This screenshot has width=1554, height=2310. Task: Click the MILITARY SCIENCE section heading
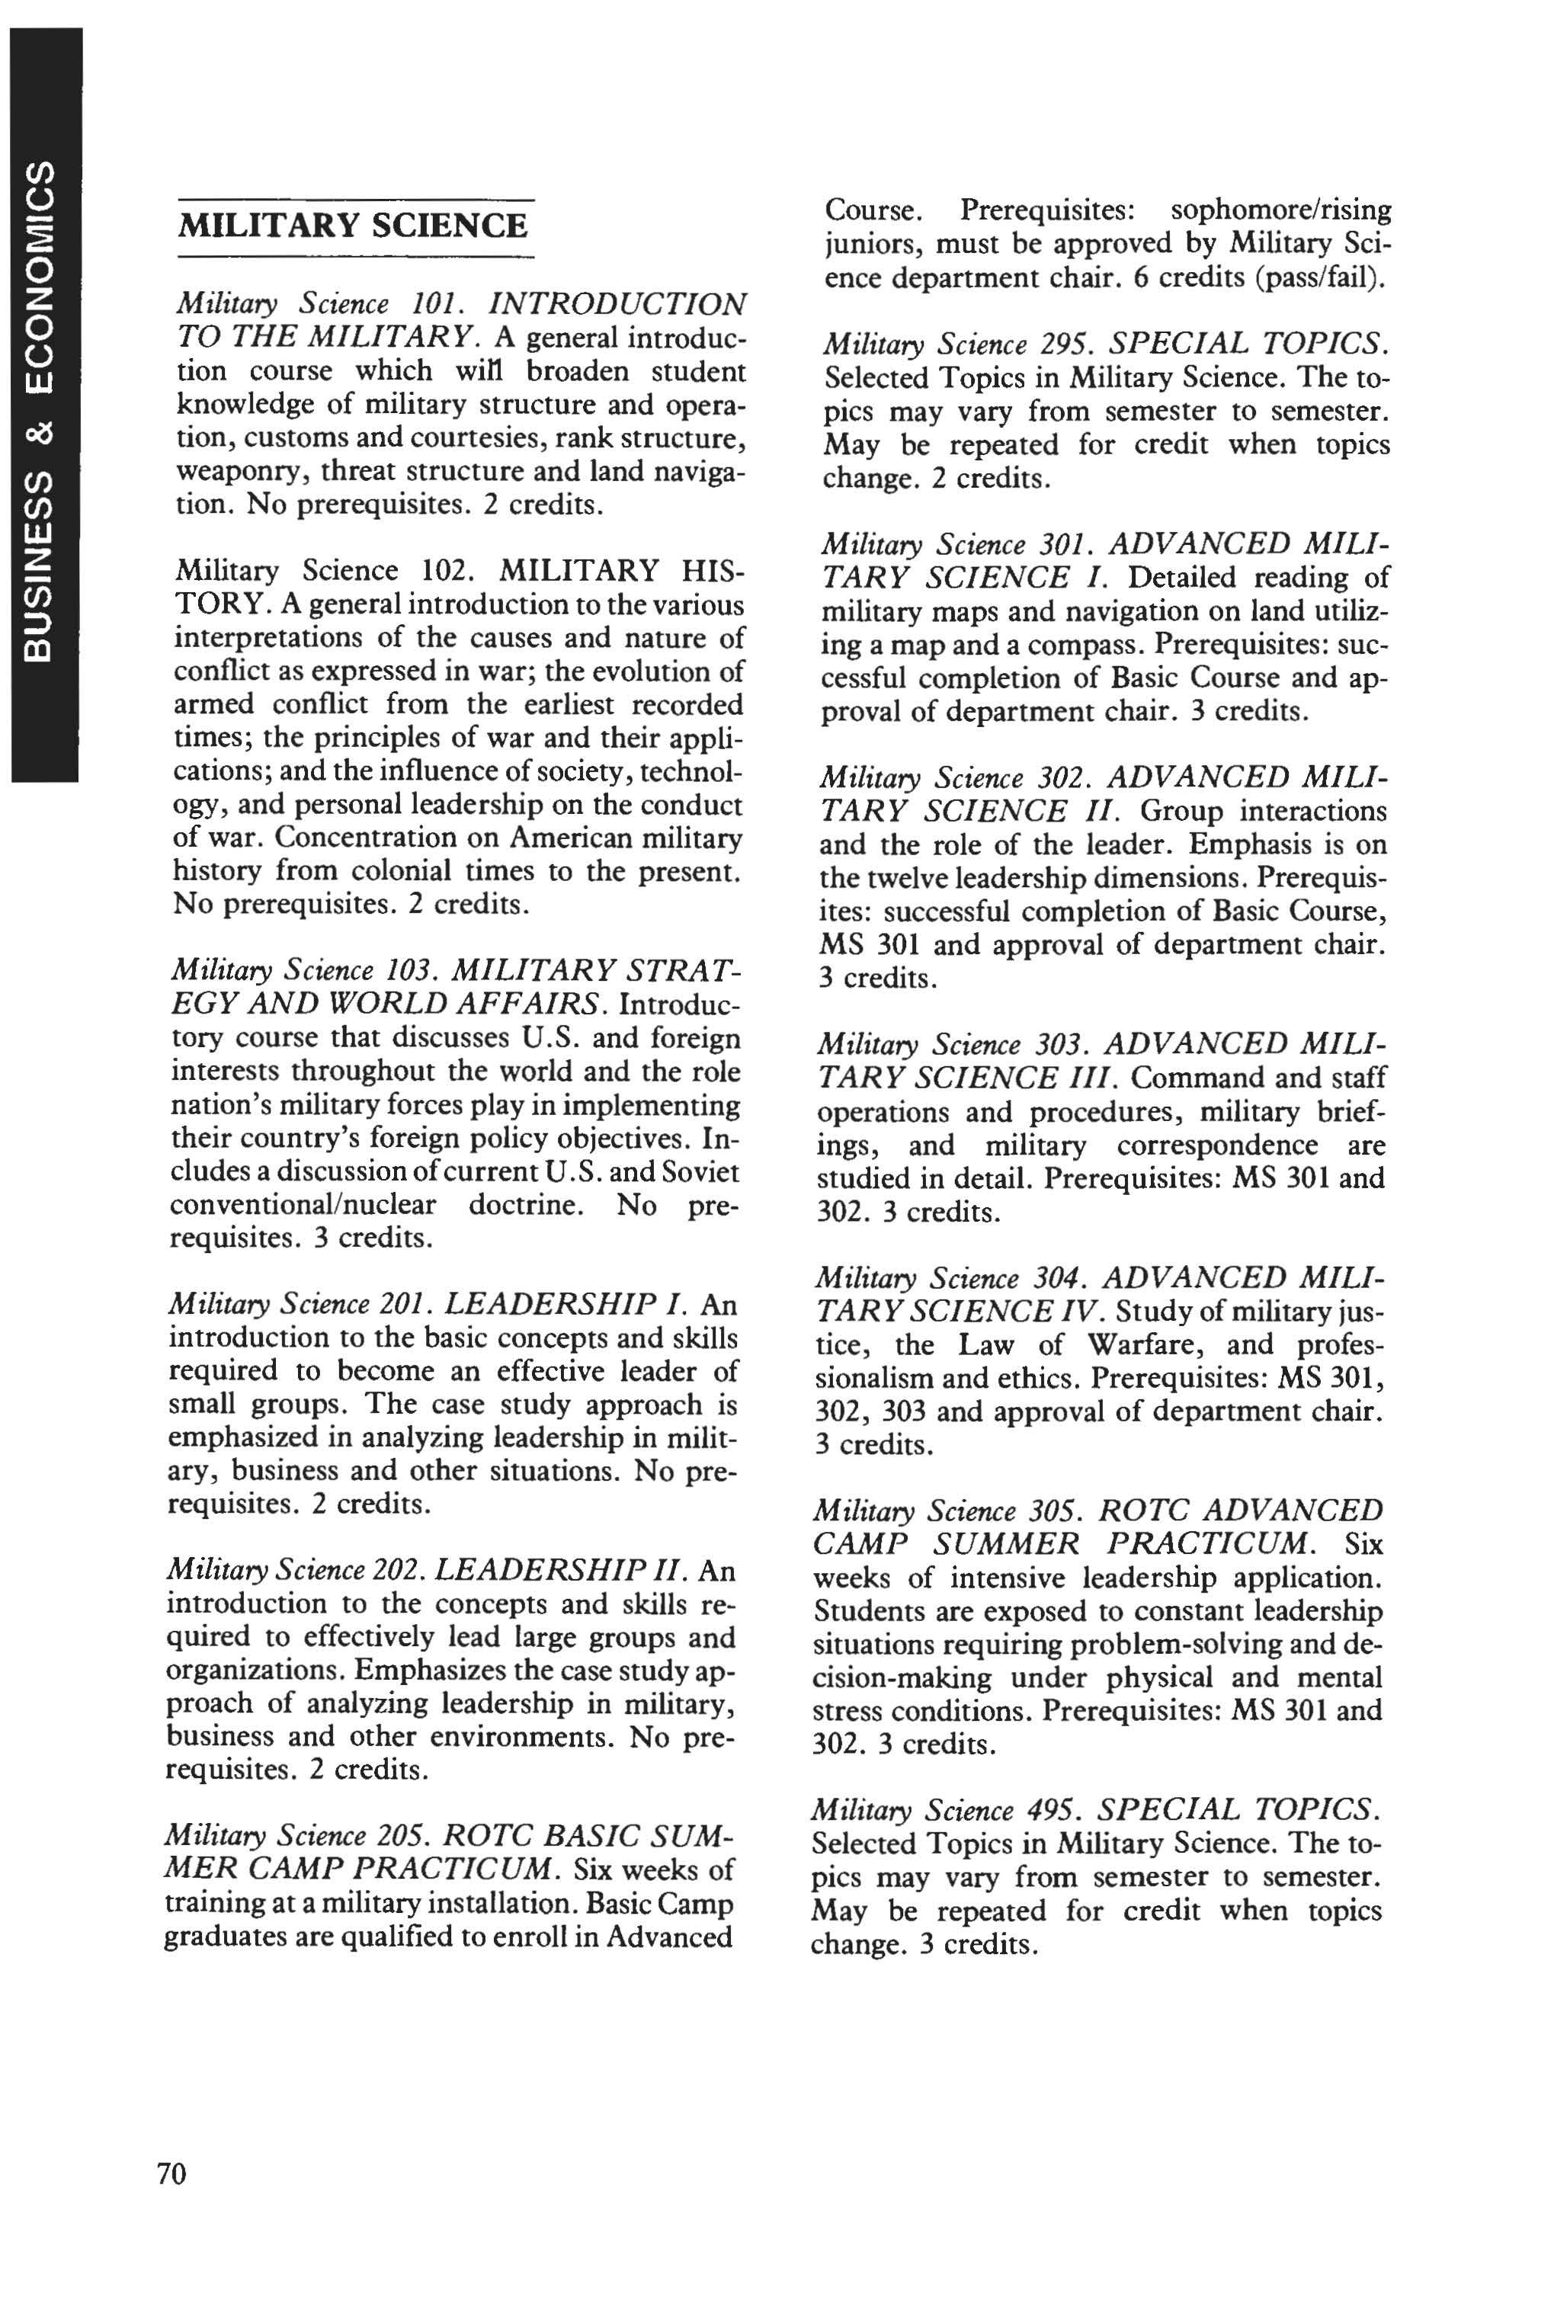click(353, 226)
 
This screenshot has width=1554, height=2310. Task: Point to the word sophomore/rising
click(1280, 210)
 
